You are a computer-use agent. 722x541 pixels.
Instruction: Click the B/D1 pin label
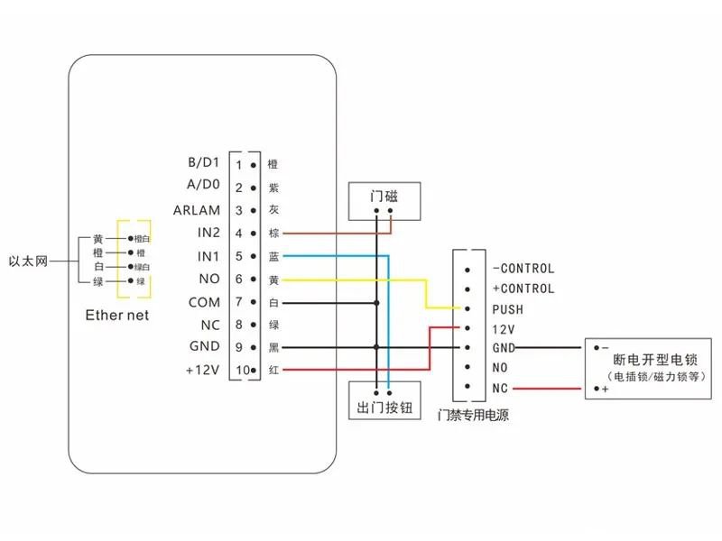[203, 163]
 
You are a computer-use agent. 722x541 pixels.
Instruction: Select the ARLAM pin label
[197, 210]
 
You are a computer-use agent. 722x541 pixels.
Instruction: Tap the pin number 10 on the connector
[241, 371]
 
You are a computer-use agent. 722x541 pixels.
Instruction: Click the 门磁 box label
[384, 196]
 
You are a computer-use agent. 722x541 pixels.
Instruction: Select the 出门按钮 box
[384, 408]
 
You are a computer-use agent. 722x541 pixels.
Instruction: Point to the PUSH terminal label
[508, 309]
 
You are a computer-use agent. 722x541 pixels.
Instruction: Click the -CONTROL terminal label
[523, 268]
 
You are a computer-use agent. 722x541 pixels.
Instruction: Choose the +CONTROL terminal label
[523, 289]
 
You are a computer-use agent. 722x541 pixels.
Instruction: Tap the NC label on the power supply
[500, 389]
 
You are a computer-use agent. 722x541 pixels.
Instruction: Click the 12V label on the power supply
[503, 329]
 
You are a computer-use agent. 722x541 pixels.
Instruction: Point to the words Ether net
[116, 315]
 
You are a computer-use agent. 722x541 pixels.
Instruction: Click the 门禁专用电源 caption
[471, 417]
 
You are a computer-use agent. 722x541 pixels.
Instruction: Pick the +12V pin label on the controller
[202, 370]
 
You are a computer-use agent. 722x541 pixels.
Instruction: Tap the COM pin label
[203, 302]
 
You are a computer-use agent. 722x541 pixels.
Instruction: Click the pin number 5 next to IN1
[239, 257]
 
